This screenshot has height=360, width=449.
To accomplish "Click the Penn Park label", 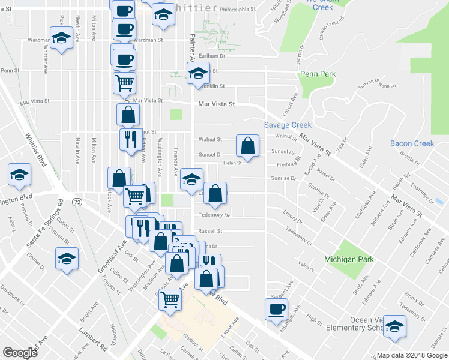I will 318,74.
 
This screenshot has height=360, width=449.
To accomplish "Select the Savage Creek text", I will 288,125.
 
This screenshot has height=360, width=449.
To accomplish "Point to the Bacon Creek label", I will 412,143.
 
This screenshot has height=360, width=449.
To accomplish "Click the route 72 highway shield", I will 77,202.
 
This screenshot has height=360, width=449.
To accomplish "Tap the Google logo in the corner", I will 20,353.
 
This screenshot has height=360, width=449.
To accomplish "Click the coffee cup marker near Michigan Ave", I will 276,310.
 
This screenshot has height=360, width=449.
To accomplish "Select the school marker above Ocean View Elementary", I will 394,326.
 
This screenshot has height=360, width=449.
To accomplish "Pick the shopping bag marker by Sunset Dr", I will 247,145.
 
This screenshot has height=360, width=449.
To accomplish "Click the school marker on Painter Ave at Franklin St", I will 197,73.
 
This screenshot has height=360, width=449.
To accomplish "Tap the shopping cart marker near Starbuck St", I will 170,298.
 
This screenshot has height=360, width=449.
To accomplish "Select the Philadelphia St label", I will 237,10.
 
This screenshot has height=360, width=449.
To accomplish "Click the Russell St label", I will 211,230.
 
